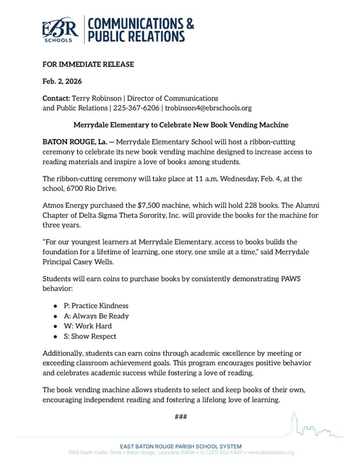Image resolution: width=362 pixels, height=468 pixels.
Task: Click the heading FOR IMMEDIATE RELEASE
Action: click(x=88, y=64)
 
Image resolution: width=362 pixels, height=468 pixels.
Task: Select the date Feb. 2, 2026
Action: click(x=62, y=81)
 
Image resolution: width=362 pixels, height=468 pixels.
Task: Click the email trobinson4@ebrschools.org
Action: click(x=208, y=108)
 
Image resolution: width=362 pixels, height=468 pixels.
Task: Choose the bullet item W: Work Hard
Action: click(x=87, y=326)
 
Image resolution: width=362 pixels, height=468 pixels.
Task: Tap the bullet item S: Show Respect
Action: click(x=90, y=336)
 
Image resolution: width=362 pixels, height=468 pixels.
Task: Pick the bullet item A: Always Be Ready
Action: click(x=96, y=316)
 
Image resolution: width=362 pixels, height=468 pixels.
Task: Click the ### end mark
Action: click(x=181, y=417)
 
